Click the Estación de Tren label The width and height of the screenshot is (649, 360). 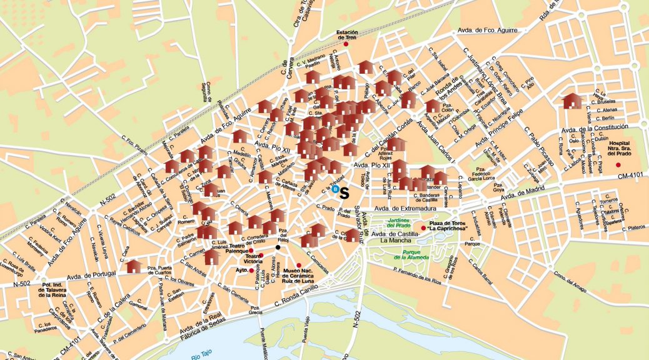coord(346,34)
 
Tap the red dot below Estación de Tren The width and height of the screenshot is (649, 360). coord(346,44)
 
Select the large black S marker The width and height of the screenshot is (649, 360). coord(344,193)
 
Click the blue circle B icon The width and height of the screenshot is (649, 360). coord(335,188)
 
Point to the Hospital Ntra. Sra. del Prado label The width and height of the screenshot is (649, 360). coord(618,148)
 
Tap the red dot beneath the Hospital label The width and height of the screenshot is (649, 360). coord(618,164)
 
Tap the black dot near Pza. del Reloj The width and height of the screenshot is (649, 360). coord(278,247)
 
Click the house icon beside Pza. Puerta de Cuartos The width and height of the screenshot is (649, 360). coord(133,267)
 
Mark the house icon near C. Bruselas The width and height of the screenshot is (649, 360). coord(571,101)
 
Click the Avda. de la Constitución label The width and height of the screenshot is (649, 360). coord(593,129)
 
